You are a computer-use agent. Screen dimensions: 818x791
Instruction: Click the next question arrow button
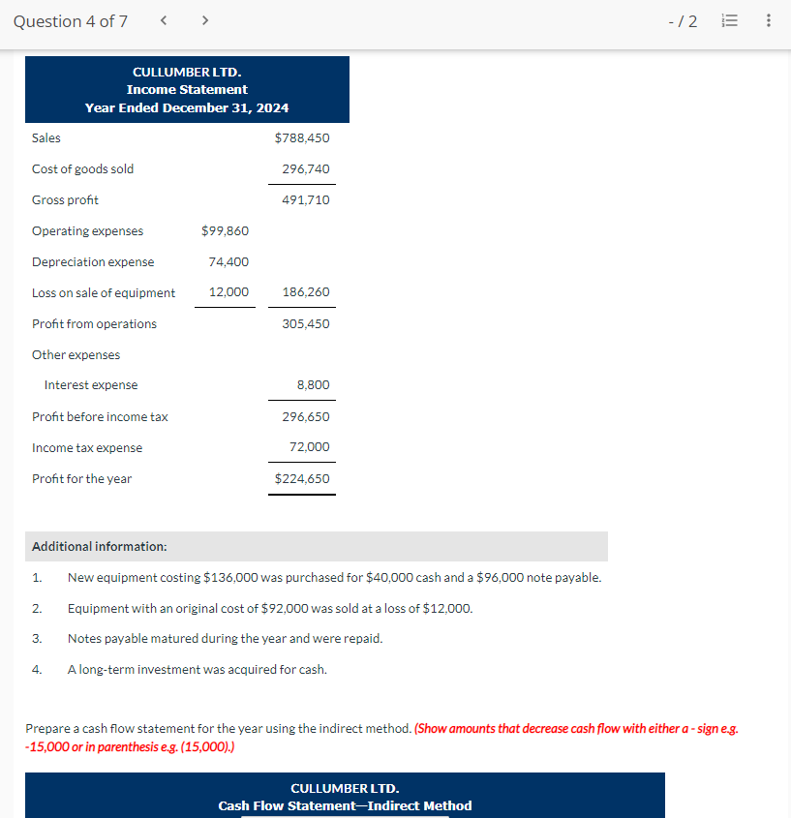[x=205, y=21]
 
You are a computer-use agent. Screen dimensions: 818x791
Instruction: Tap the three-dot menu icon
[x=769, y=21]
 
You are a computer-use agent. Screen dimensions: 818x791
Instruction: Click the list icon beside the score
[x=731, y=21]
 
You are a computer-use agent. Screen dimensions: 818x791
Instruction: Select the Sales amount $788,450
[x=302, y=138]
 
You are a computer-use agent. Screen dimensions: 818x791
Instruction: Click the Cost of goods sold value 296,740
[x=305, y=169]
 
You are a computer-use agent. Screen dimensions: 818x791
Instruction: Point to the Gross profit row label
[x=65, y=200]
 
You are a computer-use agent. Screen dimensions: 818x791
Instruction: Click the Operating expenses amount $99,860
[x=225, y=231]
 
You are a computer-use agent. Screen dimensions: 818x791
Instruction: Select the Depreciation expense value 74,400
[x=228, y=262]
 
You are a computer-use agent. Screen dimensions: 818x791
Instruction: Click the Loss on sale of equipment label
[x=104, y=293]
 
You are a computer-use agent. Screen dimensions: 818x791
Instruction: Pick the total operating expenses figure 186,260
[x=305, y=292]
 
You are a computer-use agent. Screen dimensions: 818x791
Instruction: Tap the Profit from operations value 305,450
[x=305, y=324]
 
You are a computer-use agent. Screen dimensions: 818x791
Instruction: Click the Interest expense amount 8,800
[x=313, y=385]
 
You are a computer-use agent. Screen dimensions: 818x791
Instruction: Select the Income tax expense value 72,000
[x=309, y=447]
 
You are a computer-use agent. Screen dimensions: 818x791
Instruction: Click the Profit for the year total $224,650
[x=302, y=478]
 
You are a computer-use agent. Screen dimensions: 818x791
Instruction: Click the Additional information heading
[x=100, y=547]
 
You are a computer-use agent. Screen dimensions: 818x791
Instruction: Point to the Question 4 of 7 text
[x=71, y=21]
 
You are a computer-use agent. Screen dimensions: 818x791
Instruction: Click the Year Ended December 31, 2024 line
[x=187, y=107]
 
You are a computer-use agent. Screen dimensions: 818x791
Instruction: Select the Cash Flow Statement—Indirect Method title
[x=345, y=805]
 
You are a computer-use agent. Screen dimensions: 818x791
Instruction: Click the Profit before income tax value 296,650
[x=305, y=417]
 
